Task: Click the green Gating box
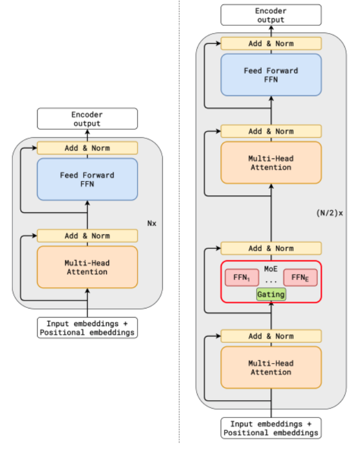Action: [271, 294]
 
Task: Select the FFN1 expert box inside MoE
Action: [241, 278]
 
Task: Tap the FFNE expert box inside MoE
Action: [300, 278]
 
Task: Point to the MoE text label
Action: [271, 269]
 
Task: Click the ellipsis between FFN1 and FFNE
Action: [271, 280]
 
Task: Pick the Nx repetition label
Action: [152, 223]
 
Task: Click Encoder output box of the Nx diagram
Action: [87, 119]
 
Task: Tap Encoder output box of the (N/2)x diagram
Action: [271, 15]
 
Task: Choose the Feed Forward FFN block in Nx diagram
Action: [87, 179]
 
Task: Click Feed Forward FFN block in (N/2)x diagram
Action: [271, 75]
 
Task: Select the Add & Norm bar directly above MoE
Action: [271, 248]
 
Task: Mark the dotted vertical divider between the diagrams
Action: [179, 225]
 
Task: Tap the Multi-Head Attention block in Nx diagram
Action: [87, 267]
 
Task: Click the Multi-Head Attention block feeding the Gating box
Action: [271, 368]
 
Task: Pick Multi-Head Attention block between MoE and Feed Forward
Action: [271, 162]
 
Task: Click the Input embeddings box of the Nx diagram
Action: [87, 328]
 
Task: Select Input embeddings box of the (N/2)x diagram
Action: [271, 428]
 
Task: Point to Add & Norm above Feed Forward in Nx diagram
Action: [87, 148]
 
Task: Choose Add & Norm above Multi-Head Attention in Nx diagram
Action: [87, 236]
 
